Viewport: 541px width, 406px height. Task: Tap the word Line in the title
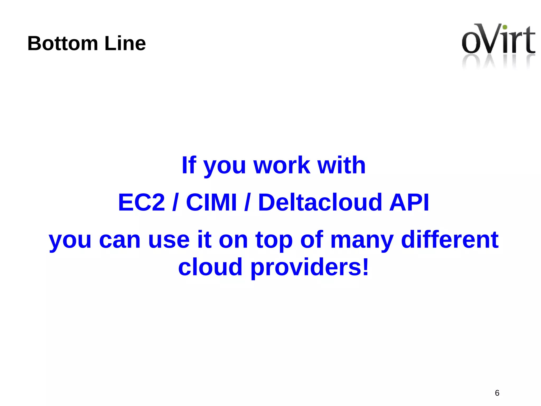click(x=125, y=43)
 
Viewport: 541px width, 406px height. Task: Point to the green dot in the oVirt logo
click(x=505, y=27)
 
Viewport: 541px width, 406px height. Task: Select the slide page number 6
click(x=497, y=393)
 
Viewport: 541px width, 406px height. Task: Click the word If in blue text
click(x=189, y=165)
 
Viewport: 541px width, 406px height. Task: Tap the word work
click(x=282, y=165)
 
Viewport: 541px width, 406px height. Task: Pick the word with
click(x=341, y=165)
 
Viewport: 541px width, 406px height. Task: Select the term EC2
click(x=142, y=202)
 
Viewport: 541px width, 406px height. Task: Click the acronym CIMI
click(x=211, y=202)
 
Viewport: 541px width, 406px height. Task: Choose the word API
click(x=409, y=202)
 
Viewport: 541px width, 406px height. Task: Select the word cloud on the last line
click(x=210, y=267)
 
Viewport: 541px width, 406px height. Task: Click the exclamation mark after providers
click(x=365, y=267)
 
